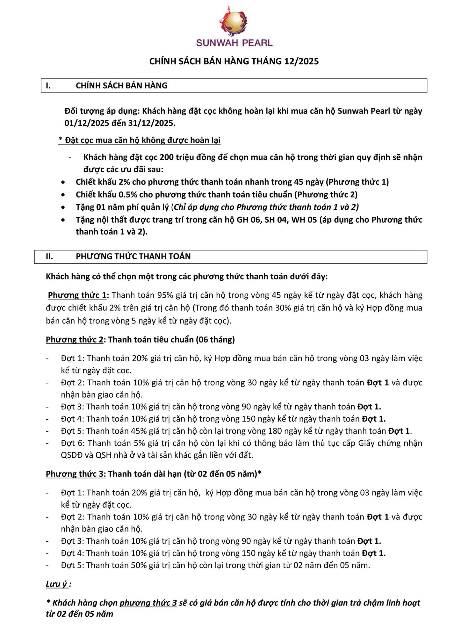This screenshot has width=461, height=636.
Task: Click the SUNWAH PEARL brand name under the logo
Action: click(234, 43)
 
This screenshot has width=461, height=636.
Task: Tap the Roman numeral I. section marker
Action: click(48, 85)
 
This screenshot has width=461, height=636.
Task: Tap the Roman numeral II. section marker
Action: click(49, 256)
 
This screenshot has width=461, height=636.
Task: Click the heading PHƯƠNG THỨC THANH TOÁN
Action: click(133, 256)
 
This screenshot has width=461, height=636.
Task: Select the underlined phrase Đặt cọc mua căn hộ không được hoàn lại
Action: click(143, 140)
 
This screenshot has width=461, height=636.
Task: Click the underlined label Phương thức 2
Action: click(74, 340)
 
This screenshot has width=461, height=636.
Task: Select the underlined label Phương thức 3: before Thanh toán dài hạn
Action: click(76, 474)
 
